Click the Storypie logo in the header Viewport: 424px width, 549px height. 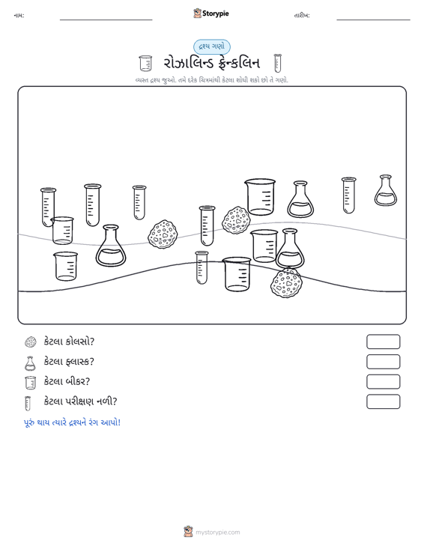[211, 13]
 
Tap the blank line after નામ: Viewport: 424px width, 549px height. [106, 19]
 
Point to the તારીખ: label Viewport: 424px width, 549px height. [302, 16]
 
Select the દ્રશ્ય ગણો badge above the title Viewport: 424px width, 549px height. [212, 47]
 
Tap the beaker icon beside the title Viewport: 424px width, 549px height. [145, 64]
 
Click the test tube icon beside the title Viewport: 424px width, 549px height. [278, 63]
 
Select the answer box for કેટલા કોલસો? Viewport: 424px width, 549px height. [383, 342]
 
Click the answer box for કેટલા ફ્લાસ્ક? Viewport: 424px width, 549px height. [383, 362]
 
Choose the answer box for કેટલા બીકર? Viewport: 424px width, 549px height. [383, 382]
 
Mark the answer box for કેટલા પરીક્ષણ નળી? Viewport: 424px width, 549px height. [383, 401]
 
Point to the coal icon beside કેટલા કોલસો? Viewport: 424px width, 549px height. [31, 342]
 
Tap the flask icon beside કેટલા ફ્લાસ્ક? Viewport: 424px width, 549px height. [30, 363]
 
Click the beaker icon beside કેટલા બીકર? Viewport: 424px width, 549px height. [31, 383]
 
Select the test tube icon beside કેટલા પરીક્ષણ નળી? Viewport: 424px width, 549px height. [27, 403]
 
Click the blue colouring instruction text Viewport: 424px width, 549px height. [72, 422]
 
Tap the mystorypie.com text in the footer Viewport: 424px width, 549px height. [217, 533]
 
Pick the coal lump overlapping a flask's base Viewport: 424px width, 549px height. [286, 283]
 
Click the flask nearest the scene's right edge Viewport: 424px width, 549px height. [386, 190]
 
